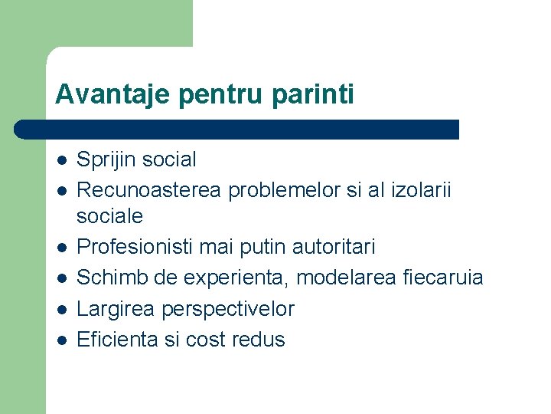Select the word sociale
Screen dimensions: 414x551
109,216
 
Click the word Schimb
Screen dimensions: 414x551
110,278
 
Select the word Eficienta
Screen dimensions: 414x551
119,340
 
